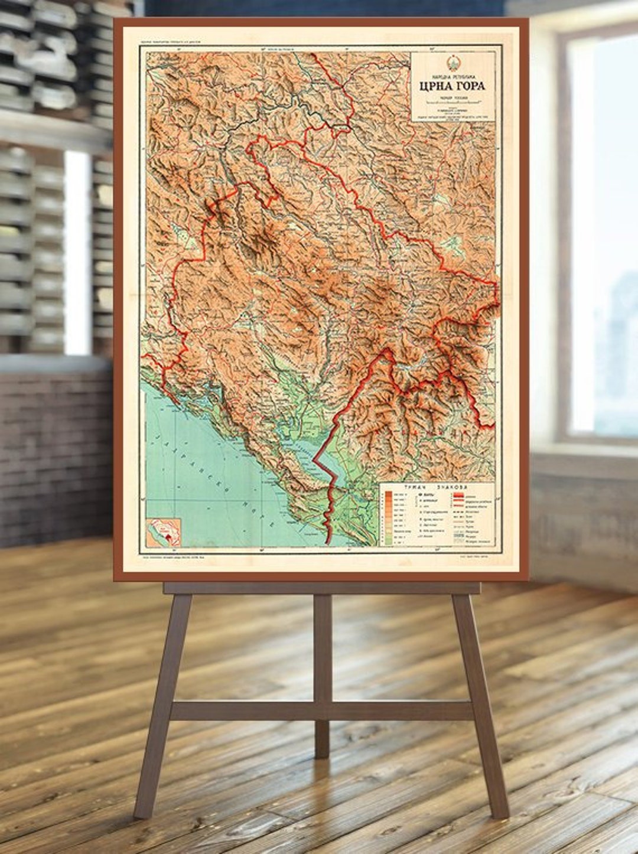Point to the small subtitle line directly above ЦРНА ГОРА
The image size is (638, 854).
point(452,75)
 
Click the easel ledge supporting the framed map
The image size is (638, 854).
point(322,588)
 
